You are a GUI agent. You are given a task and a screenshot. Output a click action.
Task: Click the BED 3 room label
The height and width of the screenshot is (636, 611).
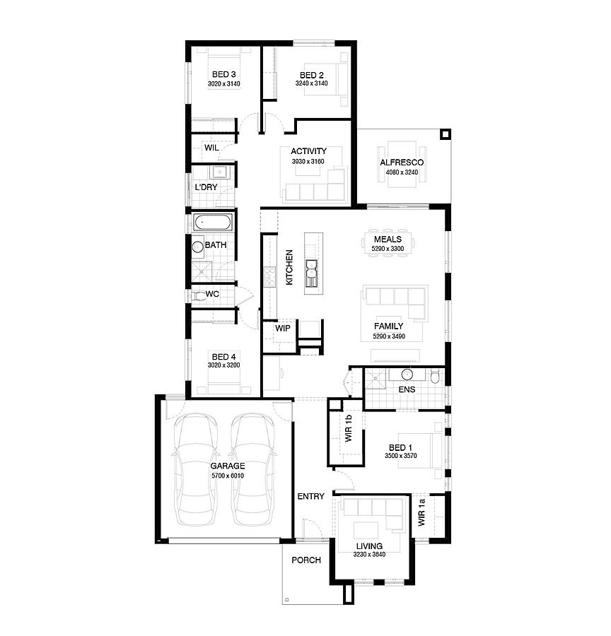click(x=223, y=74)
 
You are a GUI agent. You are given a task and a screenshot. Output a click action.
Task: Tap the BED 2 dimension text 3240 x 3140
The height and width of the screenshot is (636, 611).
click(x=311, y=83)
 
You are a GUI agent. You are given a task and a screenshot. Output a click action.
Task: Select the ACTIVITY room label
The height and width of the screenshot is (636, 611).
click(x=308, y=151)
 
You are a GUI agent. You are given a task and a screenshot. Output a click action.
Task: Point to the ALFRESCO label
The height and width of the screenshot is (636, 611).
click(x=402, y=163)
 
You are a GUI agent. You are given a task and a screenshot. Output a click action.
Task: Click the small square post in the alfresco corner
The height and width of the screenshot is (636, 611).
click(x=446, y=134)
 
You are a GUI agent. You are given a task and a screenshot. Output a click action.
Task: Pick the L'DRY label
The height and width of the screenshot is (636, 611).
click(x=206, y=187)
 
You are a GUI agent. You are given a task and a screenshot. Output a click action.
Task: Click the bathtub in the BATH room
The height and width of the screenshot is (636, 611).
click(x=213, y=223)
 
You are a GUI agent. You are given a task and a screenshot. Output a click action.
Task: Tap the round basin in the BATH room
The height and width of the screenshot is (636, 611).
click(x=198, y=247)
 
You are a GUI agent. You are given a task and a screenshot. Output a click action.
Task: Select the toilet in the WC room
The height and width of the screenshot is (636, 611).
click(x=199, y=295)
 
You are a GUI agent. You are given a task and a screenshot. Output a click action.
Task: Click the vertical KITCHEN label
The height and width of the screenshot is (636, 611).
click(x=289, y=267)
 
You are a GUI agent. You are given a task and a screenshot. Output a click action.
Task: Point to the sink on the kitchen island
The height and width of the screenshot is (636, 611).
click(x=311, y=273)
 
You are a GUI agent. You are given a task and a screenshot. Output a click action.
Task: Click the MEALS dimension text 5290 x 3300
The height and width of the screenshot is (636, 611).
click(x=388, y=249)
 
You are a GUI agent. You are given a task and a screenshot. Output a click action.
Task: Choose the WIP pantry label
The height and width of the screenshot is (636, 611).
click(x=283, y=329)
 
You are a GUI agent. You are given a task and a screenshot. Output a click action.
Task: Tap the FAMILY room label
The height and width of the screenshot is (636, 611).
click(x=388, y=326)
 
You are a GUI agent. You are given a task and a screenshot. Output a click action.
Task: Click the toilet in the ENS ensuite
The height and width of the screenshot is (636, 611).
click(x=434, y=376)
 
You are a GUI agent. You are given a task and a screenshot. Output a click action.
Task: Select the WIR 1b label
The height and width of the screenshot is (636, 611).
click(x=349, y=428)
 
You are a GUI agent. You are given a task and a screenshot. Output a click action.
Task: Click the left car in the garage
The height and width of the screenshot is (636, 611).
click(x=196, y=469)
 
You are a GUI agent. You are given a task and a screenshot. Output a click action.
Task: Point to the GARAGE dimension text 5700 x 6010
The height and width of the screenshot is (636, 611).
click(x=227, y=476)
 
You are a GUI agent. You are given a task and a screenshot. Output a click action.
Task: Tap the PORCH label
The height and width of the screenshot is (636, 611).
click(x=306, y=560)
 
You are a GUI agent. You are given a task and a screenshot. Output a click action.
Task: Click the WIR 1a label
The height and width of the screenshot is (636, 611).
click(x=421, y=513)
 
